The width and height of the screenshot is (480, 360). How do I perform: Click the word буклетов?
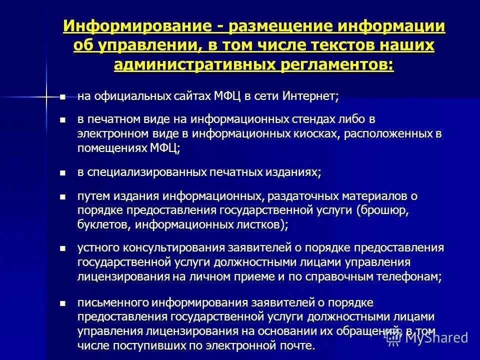click(x=104, y=224)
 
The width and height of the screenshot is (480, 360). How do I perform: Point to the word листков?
click(x=259, y=224)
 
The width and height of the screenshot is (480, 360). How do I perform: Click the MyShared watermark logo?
click(x=428, y=337)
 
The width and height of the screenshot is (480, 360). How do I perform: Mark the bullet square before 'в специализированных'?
click(x=62, y=172)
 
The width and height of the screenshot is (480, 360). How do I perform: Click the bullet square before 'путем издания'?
click(x=62, y=196)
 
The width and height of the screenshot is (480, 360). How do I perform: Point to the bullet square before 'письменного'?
click(x=62, y=303)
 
